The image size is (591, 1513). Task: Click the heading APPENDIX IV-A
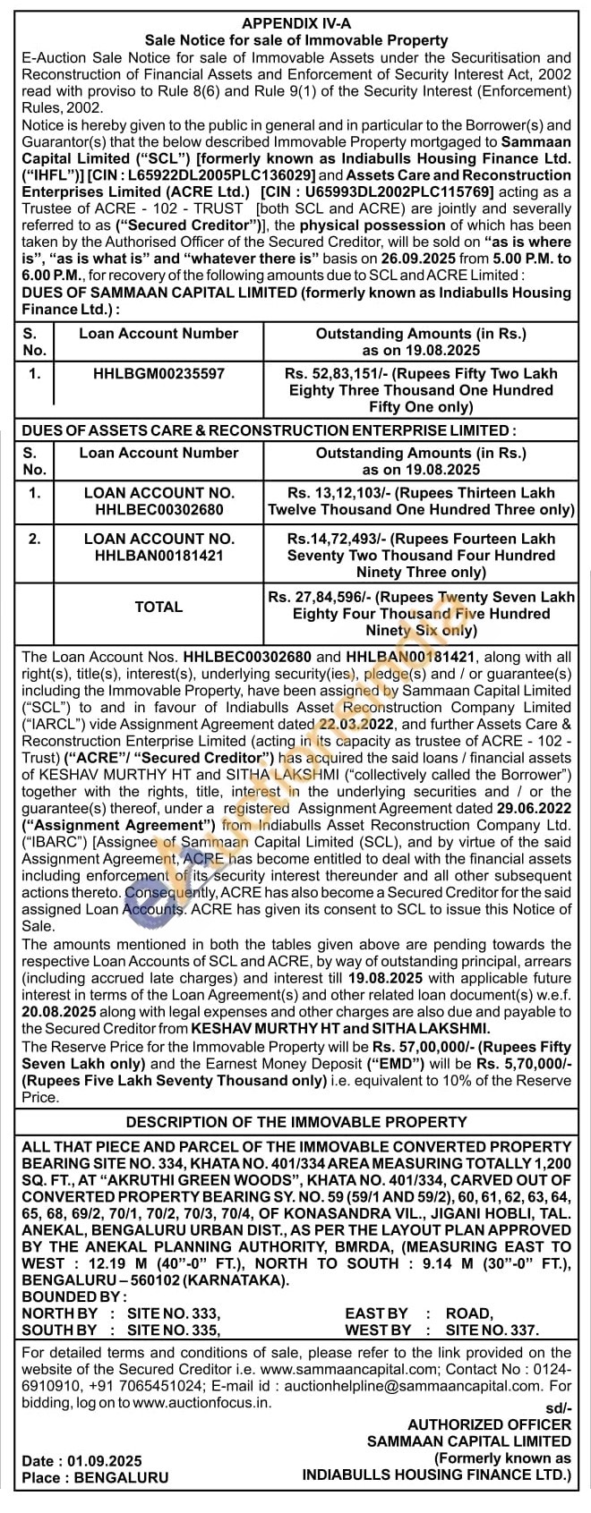click(x=295, y=22)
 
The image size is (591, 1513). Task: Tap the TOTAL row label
click(x=158, y=607)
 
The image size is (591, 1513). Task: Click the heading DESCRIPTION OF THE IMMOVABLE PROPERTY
click(x=295, y=1123)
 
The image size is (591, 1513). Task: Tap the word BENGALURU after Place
click(x=120, y=1478)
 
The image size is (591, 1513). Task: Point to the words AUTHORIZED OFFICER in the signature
click(x=489, y=1424)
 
